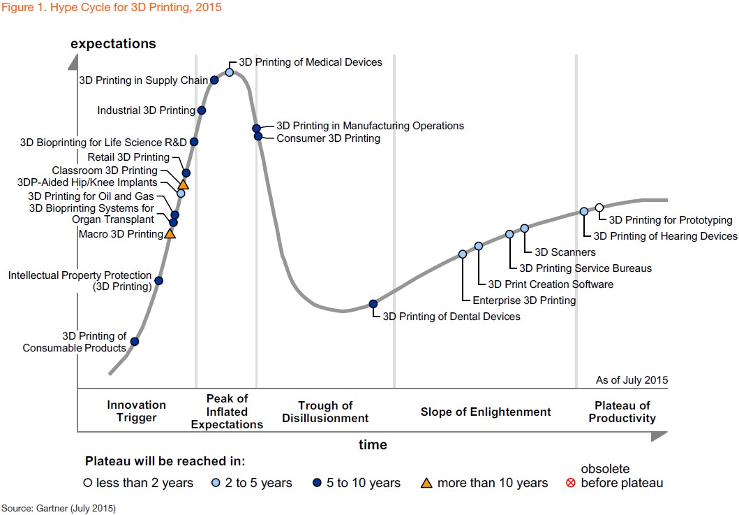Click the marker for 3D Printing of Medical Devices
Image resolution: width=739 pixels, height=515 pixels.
(230, 72)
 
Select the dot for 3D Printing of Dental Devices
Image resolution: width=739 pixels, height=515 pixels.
(373, 303)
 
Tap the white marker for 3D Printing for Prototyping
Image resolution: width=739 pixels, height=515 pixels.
(599, 208)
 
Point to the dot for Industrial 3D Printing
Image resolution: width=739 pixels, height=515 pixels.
(202, 110)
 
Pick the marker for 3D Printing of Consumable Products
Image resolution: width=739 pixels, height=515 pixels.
(135, 342)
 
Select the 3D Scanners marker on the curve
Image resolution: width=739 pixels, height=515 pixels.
(525, 228)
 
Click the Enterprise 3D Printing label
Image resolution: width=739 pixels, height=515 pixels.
(524, 300)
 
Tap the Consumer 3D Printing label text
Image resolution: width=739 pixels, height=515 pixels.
(328, 138)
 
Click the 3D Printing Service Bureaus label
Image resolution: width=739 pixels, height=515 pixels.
(585, 268)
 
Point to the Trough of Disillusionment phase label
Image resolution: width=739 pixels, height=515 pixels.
(325, 412)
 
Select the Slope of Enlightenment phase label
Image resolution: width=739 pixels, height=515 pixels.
(486, 412)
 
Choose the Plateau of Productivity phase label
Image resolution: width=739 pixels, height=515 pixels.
(622, 412)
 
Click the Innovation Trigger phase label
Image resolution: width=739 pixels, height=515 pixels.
(137, 412)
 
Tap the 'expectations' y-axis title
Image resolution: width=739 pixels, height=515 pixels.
(113, 44)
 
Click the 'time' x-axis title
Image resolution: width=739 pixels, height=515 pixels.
(373, 444)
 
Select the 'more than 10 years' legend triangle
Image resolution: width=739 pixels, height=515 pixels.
(427, 483)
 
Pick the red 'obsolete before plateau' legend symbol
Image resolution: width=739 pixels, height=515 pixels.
(571, 483)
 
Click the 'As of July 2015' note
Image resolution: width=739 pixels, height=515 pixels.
(632, 380)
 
